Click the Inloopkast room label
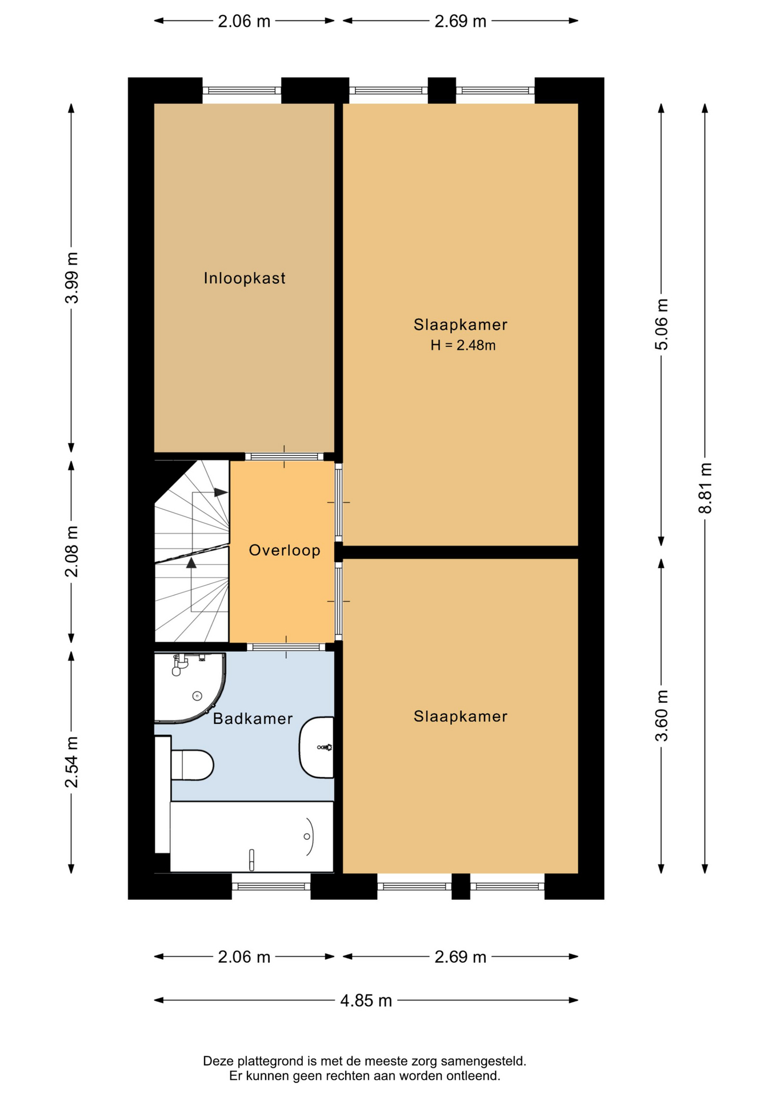point(245,278)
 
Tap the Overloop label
point(285,550)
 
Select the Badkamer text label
point(253,718)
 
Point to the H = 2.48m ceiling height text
point(463,345)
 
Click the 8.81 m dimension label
point(705,488)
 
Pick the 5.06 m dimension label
point(661,325)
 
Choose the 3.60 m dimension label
point(661,715)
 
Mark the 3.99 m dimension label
point(71,278)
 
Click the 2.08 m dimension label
point(71,551)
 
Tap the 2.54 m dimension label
point(71,762)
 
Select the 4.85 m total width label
point(366,1000)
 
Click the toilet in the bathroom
point(192,764)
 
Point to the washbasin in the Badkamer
point(316,747)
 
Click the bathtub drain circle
point(307,836)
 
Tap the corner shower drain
point(197,695)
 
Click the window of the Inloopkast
point(242,90)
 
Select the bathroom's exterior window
point(271,886)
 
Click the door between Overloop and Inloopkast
point(285,457)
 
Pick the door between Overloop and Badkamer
point(286,647)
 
